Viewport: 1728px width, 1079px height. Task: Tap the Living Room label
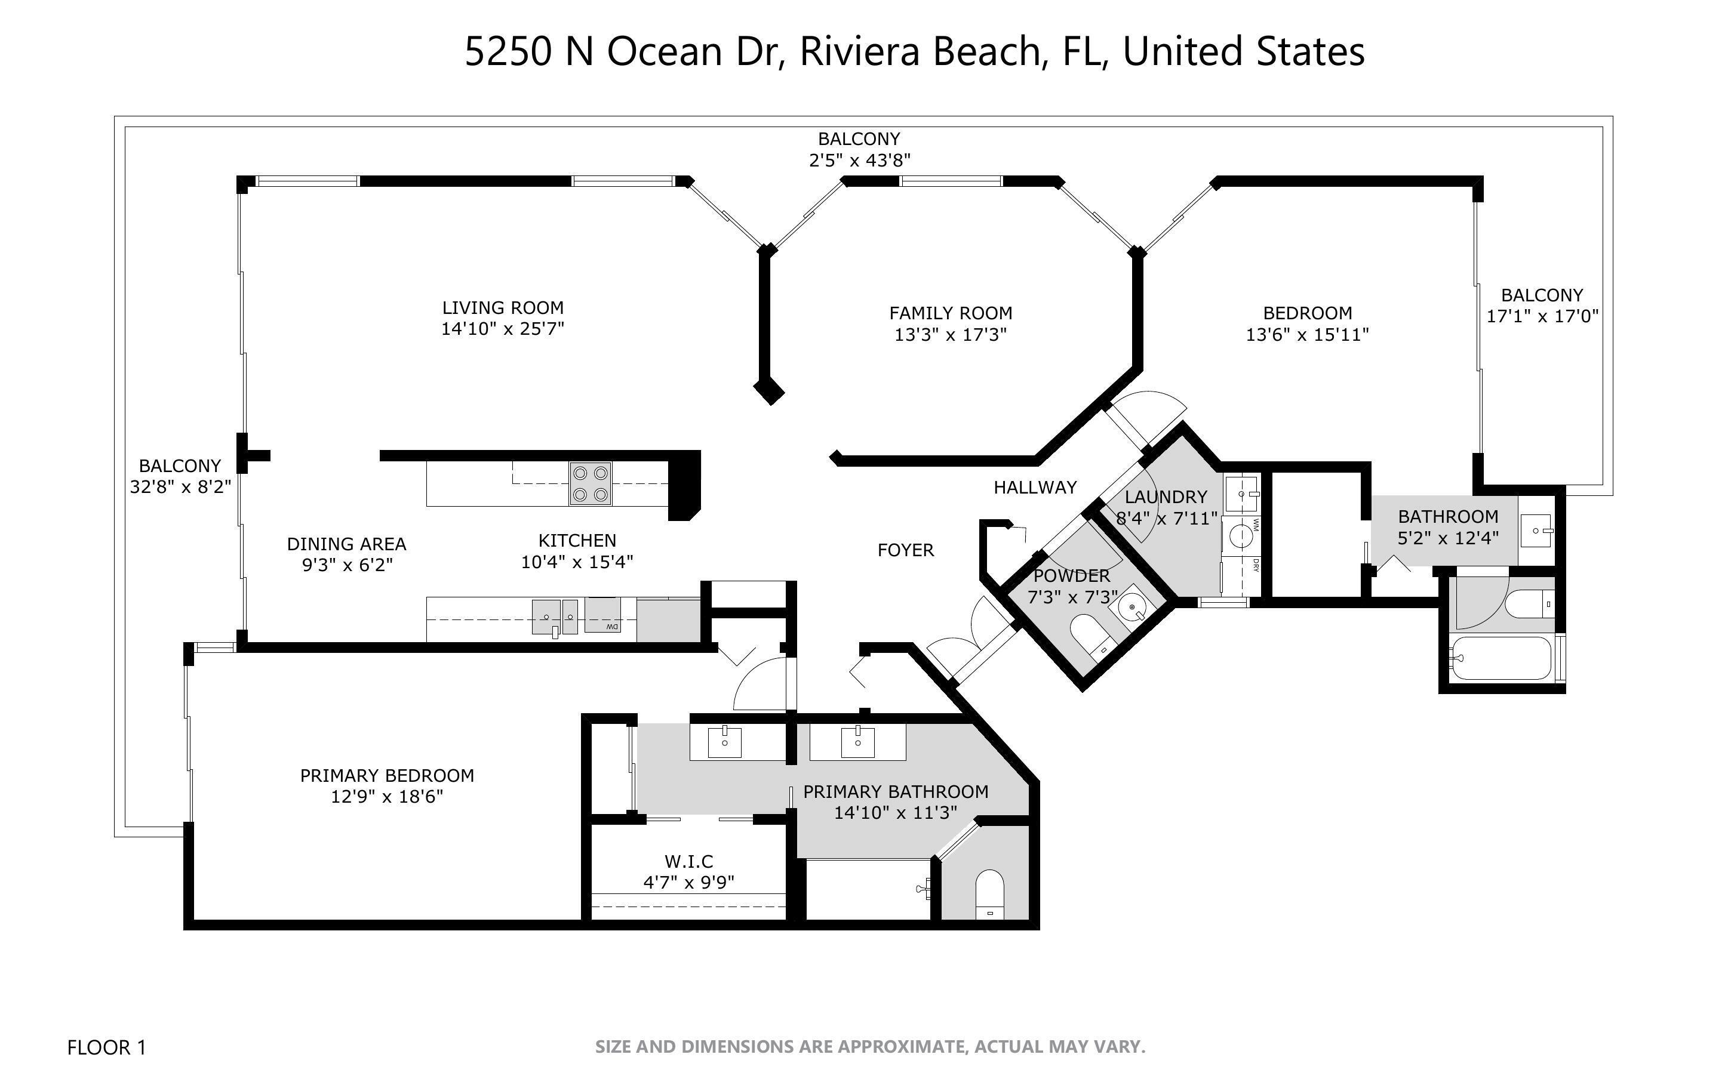[x=503, y=307]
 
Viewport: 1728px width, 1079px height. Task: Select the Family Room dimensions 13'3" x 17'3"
[x=950, y=334]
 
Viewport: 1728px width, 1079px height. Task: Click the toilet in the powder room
[x=1090, y=634]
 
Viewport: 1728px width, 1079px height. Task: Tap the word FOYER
[x=905, y=550]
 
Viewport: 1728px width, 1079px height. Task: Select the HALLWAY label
[x=1035, y=488]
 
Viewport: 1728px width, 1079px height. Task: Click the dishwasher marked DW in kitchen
[x=603, y=615]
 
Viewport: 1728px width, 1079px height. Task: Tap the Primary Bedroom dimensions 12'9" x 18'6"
[x=387, y=796]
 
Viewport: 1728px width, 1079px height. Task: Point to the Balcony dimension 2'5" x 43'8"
[x=859, y=160]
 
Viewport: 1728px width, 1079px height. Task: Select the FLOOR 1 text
[x=106, y=1047]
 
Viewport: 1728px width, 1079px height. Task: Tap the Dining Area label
[x=346, y=544]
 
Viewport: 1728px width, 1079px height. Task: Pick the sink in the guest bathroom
[x=1535, y=531]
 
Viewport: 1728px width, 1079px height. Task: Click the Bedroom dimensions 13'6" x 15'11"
[x=1307, y=334]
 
